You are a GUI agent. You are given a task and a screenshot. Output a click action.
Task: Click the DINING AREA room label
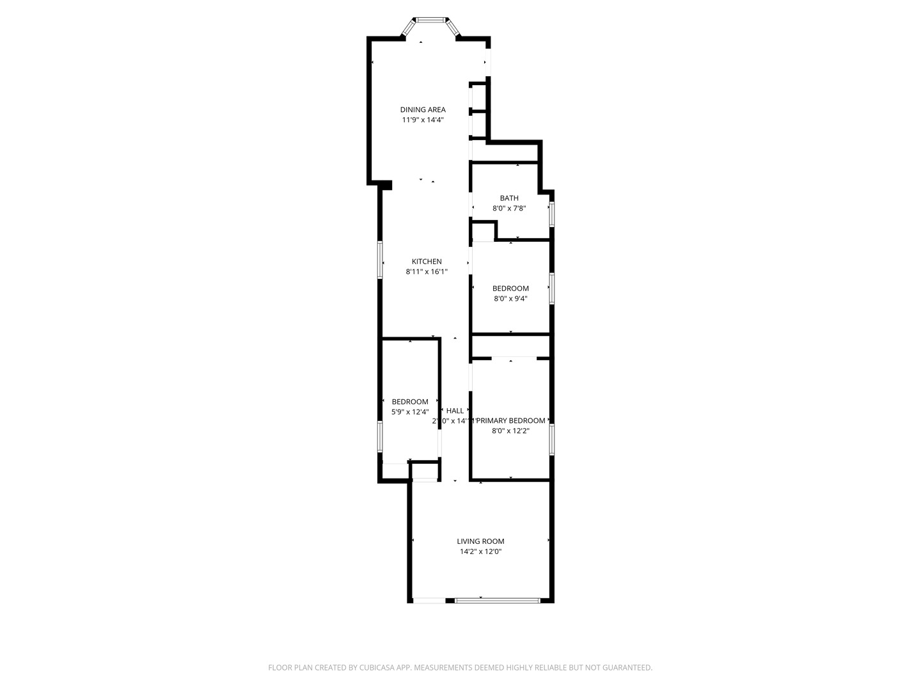(423, 109)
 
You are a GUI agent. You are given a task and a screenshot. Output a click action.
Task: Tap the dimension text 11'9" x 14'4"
(423, 120)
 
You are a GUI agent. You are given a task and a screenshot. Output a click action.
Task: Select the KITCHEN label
(427, 261)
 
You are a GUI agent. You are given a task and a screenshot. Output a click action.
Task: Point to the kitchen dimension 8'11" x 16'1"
(427, 271)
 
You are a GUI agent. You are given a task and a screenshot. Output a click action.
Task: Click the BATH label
(509, 198)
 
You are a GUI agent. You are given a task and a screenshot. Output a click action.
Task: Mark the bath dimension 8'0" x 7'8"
(509, 208)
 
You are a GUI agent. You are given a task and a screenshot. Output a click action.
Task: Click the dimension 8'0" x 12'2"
(510, 431)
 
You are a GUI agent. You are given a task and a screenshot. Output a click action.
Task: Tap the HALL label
(455, 411)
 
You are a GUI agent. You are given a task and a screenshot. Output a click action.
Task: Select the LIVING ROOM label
(480, 541)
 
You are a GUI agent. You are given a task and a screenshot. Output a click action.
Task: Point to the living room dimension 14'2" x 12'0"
(480, 552)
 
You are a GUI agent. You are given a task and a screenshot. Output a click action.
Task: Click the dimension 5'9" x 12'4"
(410, 412)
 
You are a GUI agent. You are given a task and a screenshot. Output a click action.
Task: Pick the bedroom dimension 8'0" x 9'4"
(510, 298)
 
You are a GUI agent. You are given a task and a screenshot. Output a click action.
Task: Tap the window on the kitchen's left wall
(380, 260)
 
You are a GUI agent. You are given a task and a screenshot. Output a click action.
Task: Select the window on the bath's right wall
(551, 214)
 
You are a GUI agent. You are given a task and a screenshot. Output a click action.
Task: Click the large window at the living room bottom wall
(498, 600)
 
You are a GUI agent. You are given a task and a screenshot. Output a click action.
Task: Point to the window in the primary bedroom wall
(551, 440)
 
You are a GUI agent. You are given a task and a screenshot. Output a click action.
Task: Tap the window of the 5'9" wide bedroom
(380, 437)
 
